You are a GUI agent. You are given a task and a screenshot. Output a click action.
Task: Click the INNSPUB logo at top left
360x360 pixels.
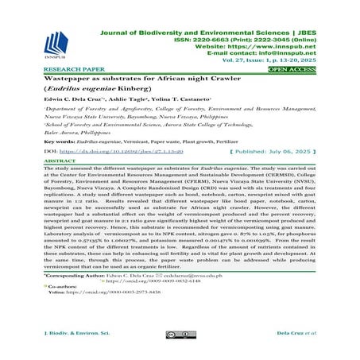coord(57,41)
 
